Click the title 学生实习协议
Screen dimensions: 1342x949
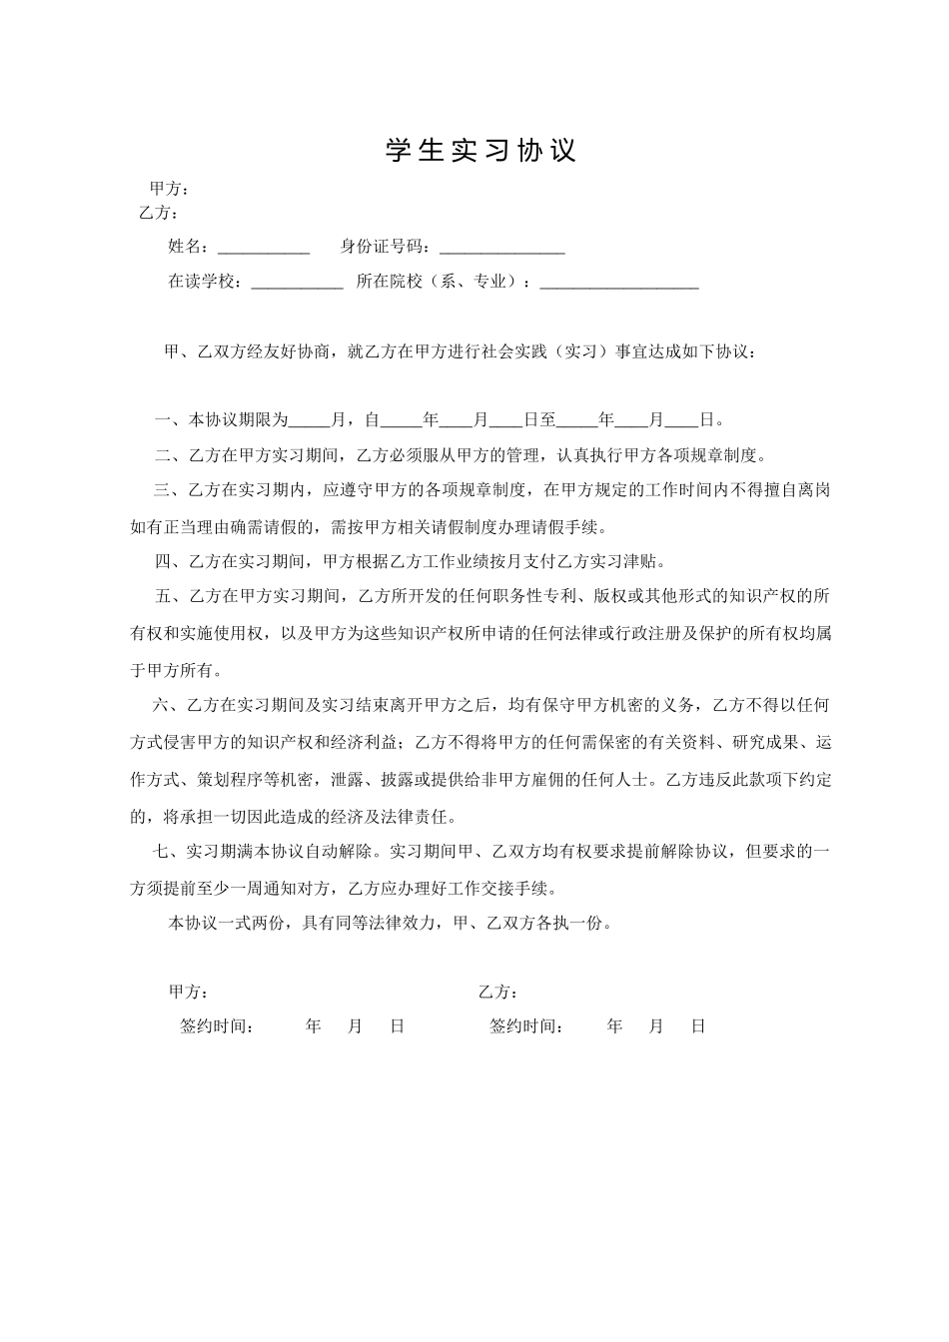coord(481,151)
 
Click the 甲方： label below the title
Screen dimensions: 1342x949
coord(169,189)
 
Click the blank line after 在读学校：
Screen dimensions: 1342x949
coord(297,283)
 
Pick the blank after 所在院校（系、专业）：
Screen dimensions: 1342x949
coord(618,283)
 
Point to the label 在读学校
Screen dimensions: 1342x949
coord(203,282)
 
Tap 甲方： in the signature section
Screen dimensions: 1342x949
coord(188,992)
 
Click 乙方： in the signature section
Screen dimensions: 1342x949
coord(497,992)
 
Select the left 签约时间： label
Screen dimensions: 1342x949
coord(217,1026)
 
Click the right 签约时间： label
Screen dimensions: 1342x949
coord(526,1026)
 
